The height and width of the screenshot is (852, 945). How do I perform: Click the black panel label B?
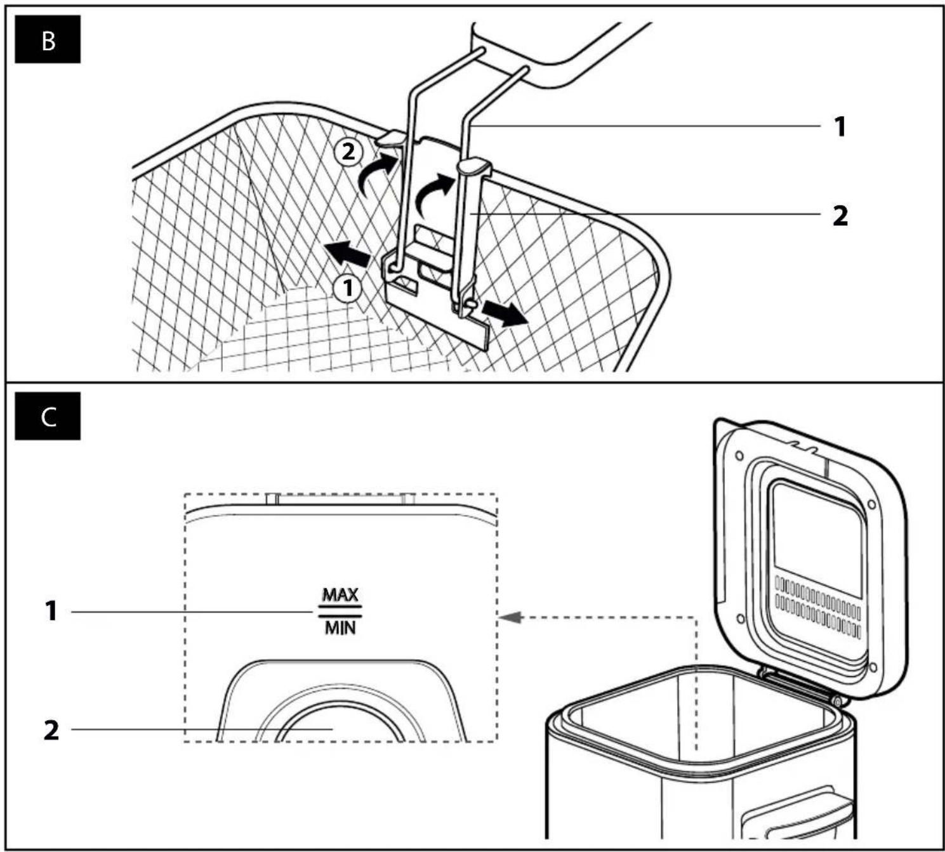[48, 39]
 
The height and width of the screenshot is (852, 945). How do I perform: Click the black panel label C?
[48, 416]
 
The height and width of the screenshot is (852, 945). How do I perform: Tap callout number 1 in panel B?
[840, 127]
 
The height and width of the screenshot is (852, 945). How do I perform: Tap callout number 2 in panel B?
[840, 216]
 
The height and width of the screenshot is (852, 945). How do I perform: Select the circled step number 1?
[348, 288]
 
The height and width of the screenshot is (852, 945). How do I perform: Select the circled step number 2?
[348, 153]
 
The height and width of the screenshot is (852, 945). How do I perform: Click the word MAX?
[340, 595]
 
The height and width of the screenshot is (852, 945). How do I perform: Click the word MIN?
[340, 628]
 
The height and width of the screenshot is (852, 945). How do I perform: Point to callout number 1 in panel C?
[51, 612]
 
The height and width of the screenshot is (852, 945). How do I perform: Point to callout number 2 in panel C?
[51, 730]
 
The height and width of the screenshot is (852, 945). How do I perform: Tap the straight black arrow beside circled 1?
[348, 253]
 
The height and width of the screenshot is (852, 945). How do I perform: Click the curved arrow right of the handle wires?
[434, 195]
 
